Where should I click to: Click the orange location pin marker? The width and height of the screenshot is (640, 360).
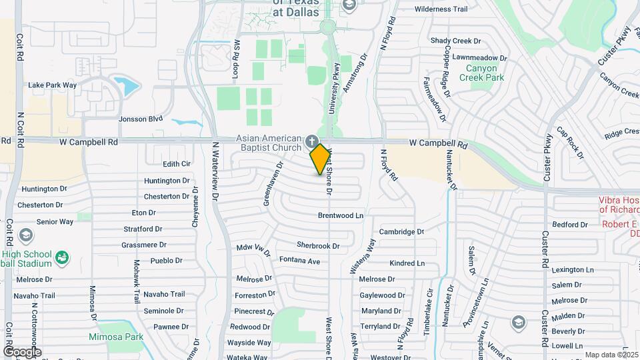(x=320, y=159)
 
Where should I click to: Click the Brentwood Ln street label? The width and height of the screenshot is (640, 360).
(x=340, y=215)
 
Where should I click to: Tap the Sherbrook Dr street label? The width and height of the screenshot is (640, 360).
(x=318, y=245)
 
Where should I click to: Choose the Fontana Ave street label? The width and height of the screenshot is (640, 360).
(x=299, y=260)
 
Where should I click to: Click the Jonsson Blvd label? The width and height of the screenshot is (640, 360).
(x=140, y=119)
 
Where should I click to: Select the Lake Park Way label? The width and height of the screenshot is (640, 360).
(x=52, y=85)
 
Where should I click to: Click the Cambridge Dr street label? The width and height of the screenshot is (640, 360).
(x=401, y=231)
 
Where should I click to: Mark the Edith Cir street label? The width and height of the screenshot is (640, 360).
(x=177, y=164)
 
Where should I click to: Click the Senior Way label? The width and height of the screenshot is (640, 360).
(x=55, y=221)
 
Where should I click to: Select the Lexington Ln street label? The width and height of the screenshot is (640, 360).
(x=572, y=270)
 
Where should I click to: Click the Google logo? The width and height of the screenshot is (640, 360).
(x=21, y=351)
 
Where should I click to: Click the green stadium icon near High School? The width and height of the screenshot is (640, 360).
(x=62, y=257)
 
